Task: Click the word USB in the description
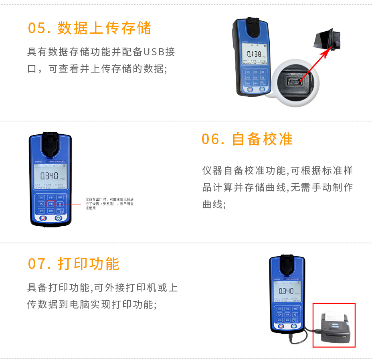tap(154, 52)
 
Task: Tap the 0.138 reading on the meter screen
tap(253, 54)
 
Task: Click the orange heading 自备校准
tap(263, 139)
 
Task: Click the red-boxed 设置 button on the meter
tap(51, 204)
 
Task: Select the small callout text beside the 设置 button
tap(109, 204)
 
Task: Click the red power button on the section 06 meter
tap(42, 218)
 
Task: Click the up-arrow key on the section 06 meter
tap(60, 204)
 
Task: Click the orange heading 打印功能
tap(89, 264)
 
